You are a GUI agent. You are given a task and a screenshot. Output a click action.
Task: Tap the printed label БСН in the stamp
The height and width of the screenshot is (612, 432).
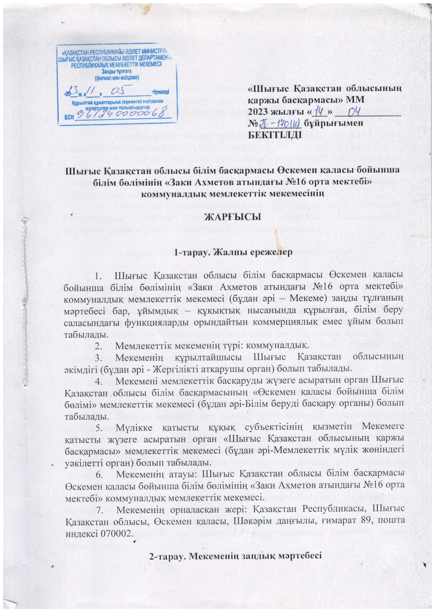(70, 117)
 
